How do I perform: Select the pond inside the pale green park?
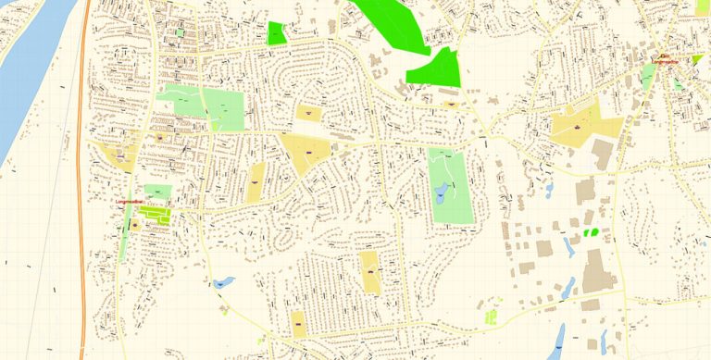pyautogui.click(x=442, y=193)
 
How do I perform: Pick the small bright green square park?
pyautogui.click(x=276, y=34)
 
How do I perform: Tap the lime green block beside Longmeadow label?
pyautogui.click(x=156, y=215)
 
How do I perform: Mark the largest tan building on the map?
pyautogui.click(x=597, y=271)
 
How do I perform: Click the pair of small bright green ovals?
pyautogui.click(x=589, y=231)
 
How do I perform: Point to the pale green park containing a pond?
pyautogui.click(x=451, y=184)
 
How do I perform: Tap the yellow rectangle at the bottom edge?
pyautogui.click(x=298, y=324)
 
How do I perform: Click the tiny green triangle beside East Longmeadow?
pyautogui.click(x=696, y=58)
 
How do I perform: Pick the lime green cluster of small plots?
pyautogui.click(x=491, y=317)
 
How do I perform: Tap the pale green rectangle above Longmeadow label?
pyautogui.click(x=157, y=191)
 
